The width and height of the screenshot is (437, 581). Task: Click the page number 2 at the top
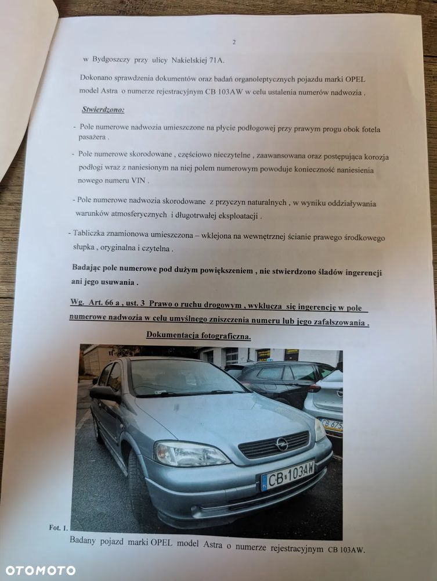coord(234,42)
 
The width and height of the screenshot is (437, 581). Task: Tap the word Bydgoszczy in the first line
coord(113,59)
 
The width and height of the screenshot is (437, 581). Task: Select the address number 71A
coord(212,59)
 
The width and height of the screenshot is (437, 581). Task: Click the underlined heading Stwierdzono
coord(103,110)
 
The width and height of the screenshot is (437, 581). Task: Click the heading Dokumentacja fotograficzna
coord(198,335)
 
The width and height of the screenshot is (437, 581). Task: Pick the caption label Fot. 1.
coord(58,528)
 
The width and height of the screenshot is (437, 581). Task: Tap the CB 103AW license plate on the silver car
coord(288,475)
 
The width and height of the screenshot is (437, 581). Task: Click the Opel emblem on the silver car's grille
coord(282,444)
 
